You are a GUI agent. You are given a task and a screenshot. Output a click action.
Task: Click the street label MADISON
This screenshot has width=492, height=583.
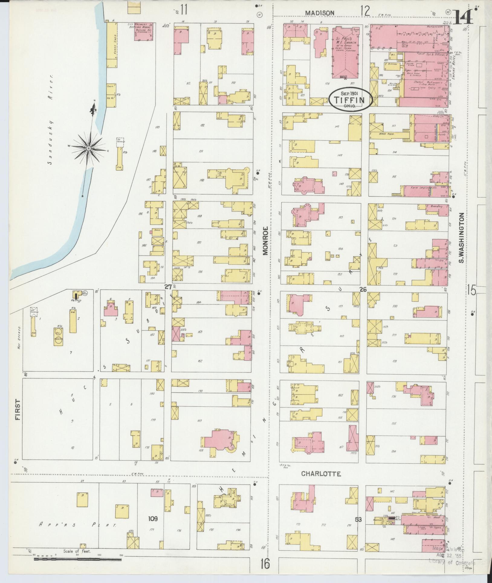pyautogui.click(x=319, y=13)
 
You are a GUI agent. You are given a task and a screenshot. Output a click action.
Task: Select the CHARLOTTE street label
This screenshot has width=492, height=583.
pyautogui.click(x=321, y=474)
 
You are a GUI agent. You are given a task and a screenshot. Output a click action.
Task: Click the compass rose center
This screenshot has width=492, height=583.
pyautogui.click(x=89, y=148)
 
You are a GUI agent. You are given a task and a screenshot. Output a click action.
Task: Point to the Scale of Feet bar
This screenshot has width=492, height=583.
pyautogui.click(x=78, y=559)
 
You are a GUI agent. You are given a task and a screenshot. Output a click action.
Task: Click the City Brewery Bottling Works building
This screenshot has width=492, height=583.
pyautogui.click(x=144, y=31)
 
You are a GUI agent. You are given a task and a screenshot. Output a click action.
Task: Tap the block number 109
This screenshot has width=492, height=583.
pyautogui.click(x=153, y=519)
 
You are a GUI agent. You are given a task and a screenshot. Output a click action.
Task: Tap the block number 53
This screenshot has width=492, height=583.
pyautogui.click(x=358, y=519)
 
